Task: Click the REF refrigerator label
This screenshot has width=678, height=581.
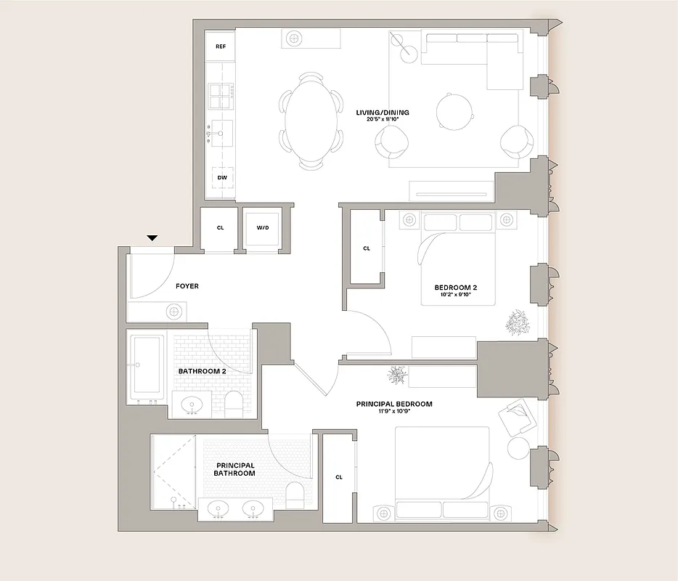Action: pos(221,46)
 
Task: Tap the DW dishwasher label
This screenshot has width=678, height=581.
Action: pos(221,177)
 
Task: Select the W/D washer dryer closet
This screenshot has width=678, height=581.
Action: pos(262,228)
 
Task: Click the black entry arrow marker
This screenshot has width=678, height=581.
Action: pos(152,237)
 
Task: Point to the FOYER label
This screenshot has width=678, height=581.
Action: pos(187,286)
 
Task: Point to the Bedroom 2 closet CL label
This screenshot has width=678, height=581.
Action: pos(367,248)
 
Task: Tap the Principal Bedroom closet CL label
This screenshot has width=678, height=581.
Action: pos(338,477)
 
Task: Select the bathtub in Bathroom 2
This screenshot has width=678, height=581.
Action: pos(147,368)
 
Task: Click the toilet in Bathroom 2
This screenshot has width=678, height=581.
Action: pos(232,403)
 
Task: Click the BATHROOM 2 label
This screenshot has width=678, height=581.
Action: pos(203,371)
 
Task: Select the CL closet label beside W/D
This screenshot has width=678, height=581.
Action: pos(220,228)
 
